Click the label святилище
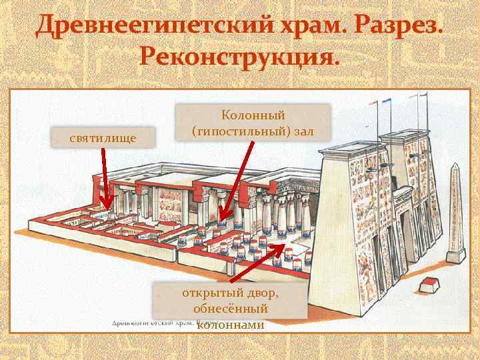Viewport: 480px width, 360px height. tap(103, 137)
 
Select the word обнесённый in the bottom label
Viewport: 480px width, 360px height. tap(230, 309)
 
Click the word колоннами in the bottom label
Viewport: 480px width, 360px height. tap(231, 324)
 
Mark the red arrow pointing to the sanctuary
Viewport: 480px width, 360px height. tap(105, 179)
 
